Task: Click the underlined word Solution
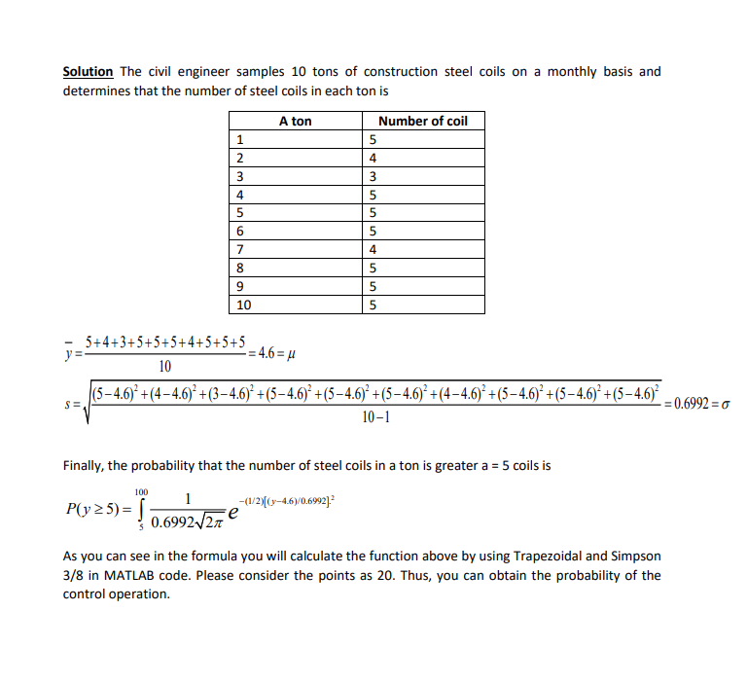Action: pyautogui.click(x=89, y=72)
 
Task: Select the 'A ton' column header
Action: pyautogui.click(x=295, y=122)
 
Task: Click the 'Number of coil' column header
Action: pyautogui.click(x=422, y=122)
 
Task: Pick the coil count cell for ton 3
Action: pyautogui.click(x=373, y=177)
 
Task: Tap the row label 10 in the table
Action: pyautogui.click(x=244, y=306)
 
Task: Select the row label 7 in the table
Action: pyautogui.click(x=239, y=250)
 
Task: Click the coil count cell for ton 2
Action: pyautogui.click(x=373, y=159)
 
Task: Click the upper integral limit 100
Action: pyautogui.click(x=141, y=491)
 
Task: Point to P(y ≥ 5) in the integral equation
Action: pyautogui.click(x=93, y=508)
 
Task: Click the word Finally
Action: pyautogui.click(x=85, y=465)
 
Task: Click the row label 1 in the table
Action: pyautogui.click(x=239, y=140)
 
